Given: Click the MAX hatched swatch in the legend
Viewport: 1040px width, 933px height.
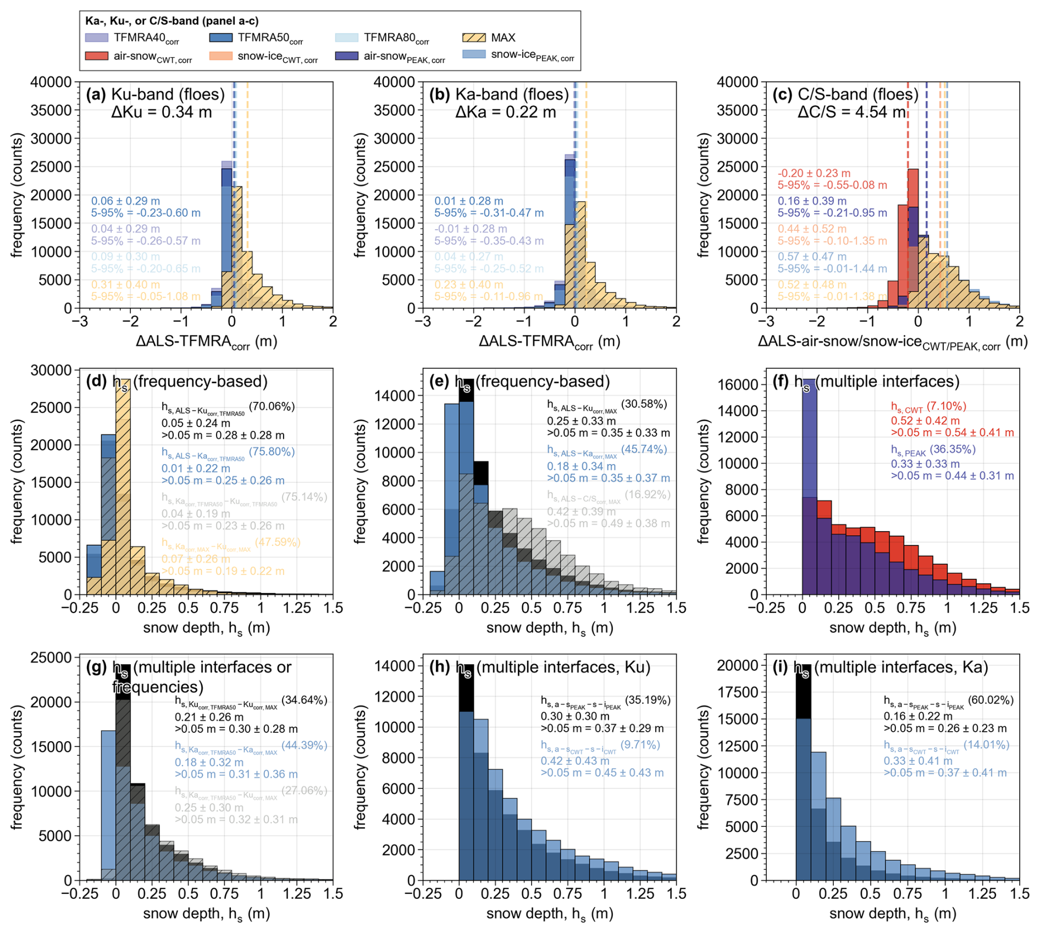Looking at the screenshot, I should pos(474,38).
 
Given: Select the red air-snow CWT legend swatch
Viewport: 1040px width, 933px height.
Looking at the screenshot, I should pos(97,56).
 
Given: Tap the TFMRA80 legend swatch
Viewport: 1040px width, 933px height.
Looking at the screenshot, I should pos(346,38).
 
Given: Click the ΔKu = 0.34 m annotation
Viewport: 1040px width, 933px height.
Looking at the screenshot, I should pos(162,113).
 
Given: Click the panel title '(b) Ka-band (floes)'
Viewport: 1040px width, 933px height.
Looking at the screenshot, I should pos(499,95).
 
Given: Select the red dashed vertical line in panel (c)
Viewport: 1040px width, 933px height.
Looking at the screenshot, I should pos(908,137).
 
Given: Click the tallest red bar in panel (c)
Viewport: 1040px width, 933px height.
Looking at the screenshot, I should pos(913,236).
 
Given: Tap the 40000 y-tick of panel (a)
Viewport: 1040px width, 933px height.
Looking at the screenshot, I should pos(52,82).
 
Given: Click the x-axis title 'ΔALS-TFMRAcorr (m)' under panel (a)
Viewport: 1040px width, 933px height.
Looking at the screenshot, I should pos(206,342).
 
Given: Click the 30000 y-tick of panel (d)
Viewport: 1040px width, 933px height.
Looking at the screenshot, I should pos(52,370).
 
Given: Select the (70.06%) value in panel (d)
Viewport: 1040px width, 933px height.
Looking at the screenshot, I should pos(272,407).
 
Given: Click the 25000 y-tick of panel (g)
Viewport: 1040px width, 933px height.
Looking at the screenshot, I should pos(52,658).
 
